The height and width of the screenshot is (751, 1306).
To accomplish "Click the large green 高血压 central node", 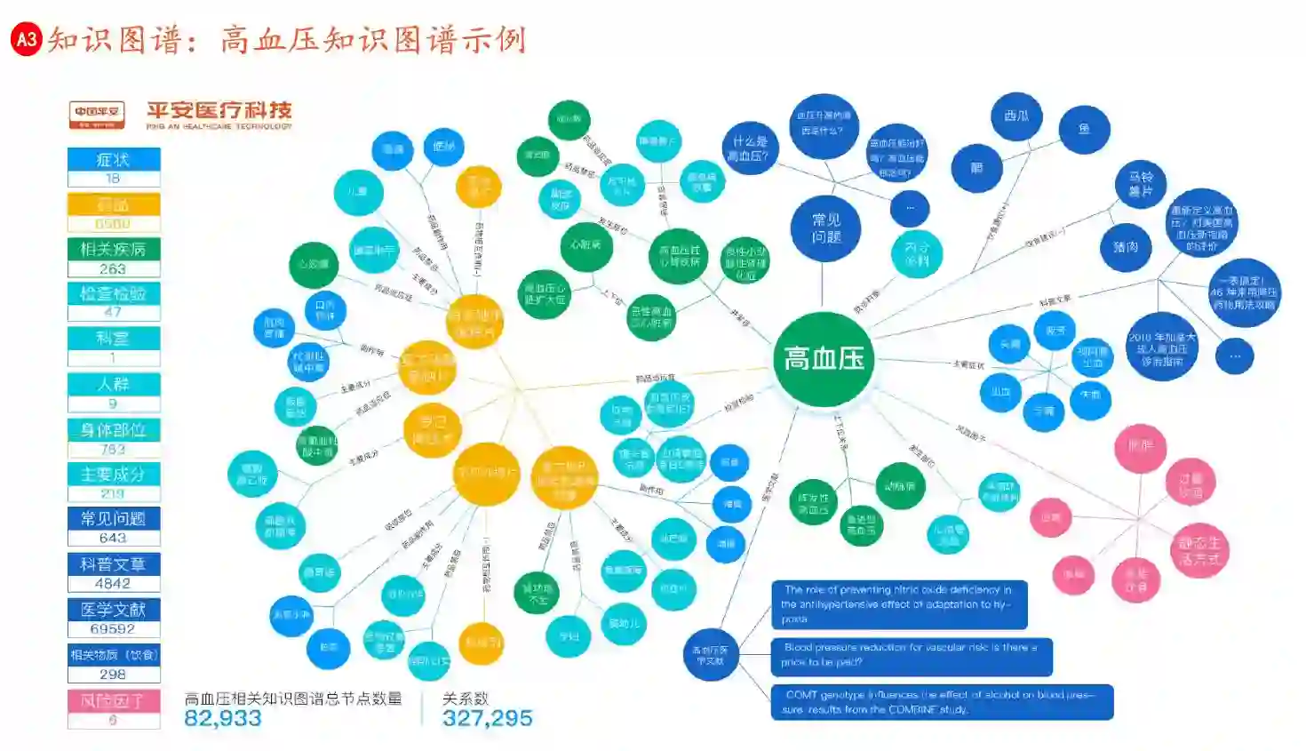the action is (x=824, y=359).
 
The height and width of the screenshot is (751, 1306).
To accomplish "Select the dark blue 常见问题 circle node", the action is (x=825, y=228).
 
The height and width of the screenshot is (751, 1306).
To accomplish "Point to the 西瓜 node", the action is (x=1016, y=116).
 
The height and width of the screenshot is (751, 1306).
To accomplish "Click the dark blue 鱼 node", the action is (x=1084, y=130).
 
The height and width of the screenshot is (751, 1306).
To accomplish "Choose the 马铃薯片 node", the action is (x=1141, y=184).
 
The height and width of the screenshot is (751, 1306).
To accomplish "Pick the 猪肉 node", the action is (x=1126, y=247).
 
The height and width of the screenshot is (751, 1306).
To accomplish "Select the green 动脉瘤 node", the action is (x=900, y=486).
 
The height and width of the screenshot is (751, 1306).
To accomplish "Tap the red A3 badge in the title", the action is (x=27, y=39).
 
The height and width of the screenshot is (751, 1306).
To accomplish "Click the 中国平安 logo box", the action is (x=97, y=115).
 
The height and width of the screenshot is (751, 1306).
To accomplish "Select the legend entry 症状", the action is (x=114, y=160).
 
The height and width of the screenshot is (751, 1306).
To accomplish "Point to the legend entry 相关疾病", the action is (x=114, y=249).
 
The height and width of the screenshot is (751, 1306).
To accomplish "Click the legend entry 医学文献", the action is (x=114, y=610).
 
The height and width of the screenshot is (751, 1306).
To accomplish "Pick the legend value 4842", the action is (x=114, y=584).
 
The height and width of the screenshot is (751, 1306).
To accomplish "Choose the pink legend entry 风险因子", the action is (x=114, y=700).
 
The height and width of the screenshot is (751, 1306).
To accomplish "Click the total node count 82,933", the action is (x=223, y=718).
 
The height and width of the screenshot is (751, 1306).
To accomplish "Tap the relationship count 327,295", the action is (x=488, y=718).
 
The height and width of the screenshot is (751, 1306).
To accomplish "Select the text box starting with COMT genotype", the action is (x=941, y=702).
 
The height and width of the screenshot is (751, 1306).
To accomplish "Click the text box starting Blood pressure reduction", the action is (x=911, y=655).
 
